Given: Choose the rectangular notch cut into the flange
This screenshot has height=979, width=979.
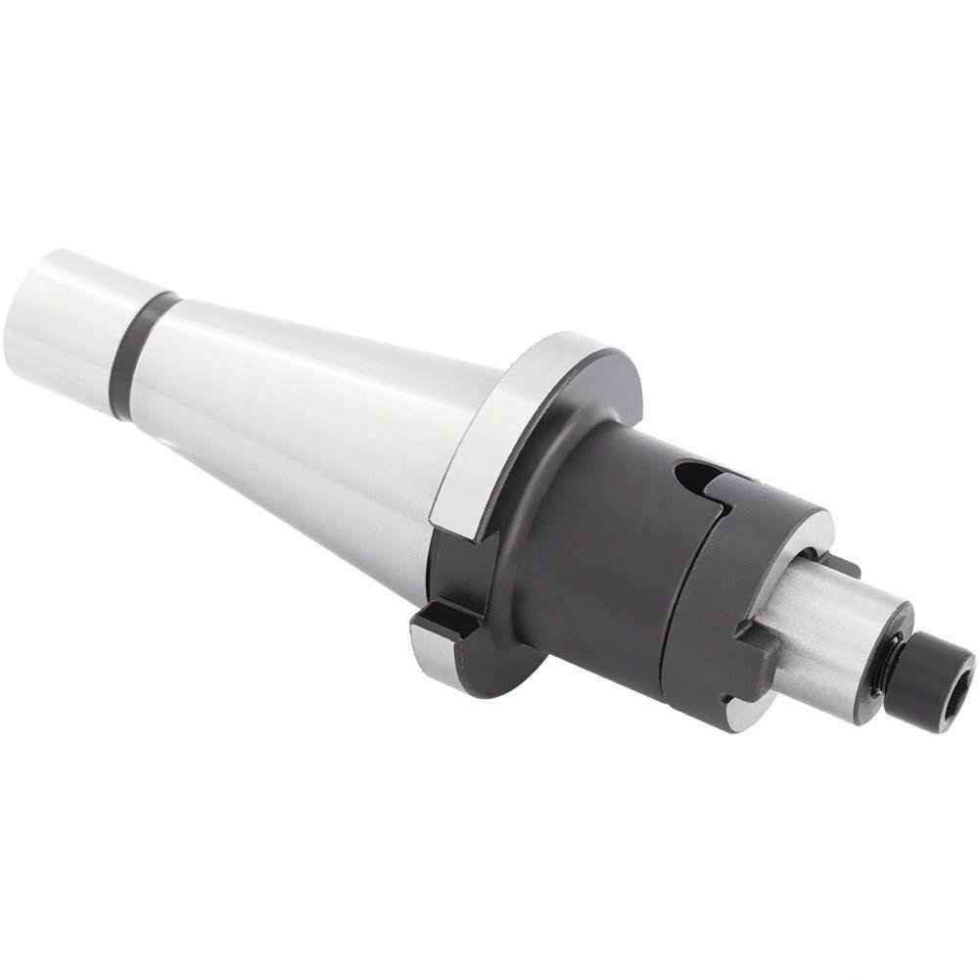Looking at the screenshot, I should [445, 617].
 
